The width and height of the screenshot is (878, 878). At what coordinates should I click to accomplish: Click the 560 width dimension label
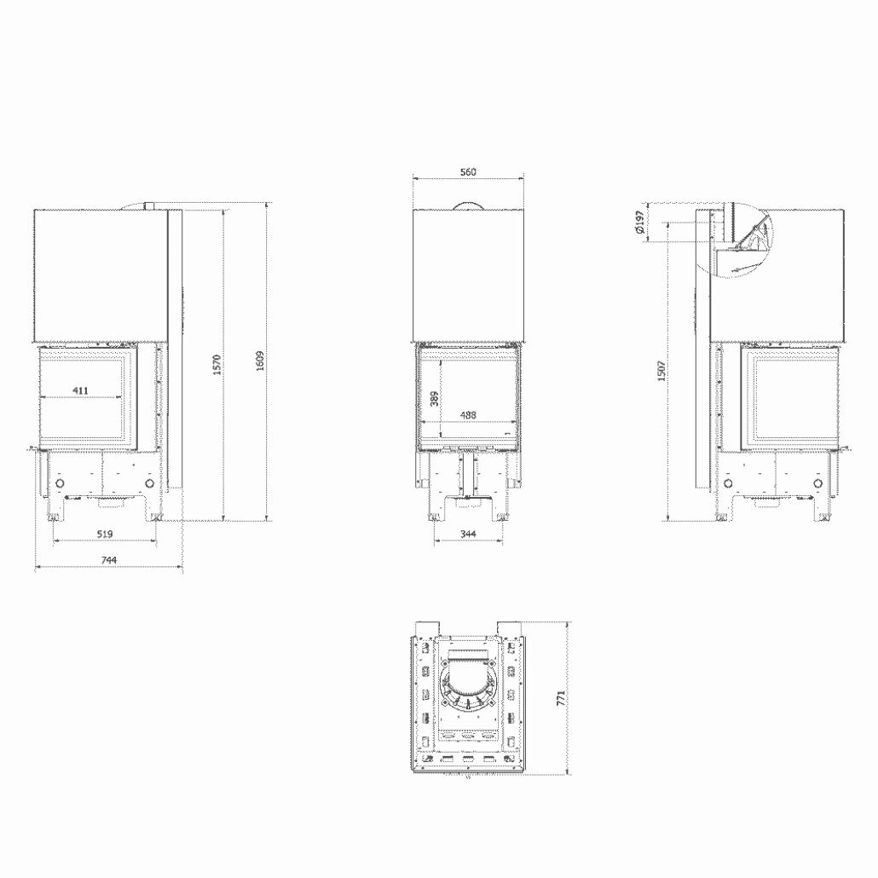[467, 171]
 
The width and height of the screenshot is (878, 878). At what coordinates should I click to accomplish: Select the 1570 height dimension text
[217, 364]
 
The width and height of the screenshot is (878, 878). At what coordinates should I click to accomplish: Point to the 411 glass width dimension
[79, 391]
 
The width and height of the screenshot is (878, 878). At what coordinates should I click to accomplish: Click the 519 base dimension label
[105, 534]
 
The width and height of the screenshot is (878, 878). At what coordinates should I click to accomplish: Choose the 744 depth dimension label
[107, 560]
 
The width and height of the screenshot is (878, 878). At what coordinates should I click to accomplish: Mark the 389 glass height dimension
[434, 398]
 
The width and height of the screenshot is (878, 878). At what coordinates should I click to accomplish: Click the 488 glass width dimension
[467, 415]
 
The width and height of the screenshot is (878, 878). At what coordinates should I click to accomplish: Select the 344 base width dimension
[467, 534]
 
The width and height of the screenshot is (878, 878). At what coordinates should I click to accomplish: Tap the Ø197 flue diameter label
[638, 223]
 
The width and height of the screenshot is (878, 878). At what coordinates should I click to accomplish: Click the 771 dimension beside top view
[561, 698]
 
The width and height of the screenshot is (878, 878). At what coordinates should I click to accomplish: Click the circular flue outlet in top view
[467, 686]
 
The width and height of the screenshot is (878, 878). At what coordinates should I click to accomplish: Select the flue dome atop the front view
[467, 205]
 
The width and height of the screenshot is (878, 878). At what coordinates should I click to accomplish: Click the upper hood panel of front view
[467, 274]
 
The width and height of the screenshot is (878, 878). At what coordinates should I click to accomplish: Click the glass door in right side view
[794, 397]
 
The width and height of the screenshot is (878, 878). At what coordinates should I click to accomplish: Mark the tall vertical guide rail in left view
[174, 349]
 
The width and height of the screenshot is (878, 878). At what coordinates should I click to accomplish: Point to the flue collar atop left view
[147, 205]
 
